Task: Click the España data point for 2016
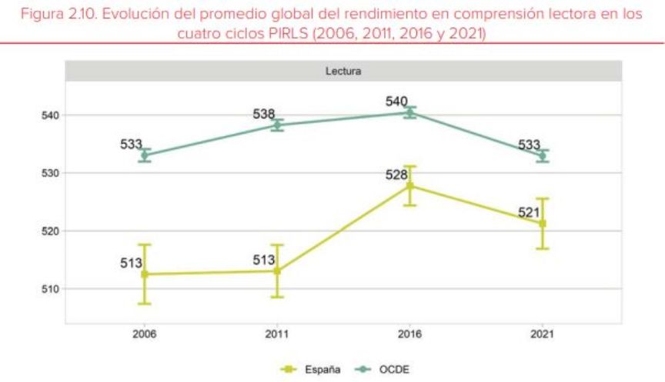point(410,186)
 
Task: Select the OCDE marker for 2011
point(277,125)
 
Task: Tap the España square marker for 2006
point(144,274)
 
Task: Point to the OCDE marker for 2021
point(543,156)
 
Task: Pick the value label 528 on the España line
point(397,174)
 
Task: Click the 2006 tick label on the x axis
point(144,335)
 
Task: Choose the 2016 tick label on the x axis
point(410,335)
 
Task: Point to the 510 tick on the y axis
point(50,289)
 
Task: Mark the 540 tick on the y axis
point(50,115)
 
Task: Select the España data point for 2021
point(543,224)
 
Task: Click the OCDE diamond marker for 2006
point(144,155)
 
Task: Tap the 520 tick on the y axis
point(50,231)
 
